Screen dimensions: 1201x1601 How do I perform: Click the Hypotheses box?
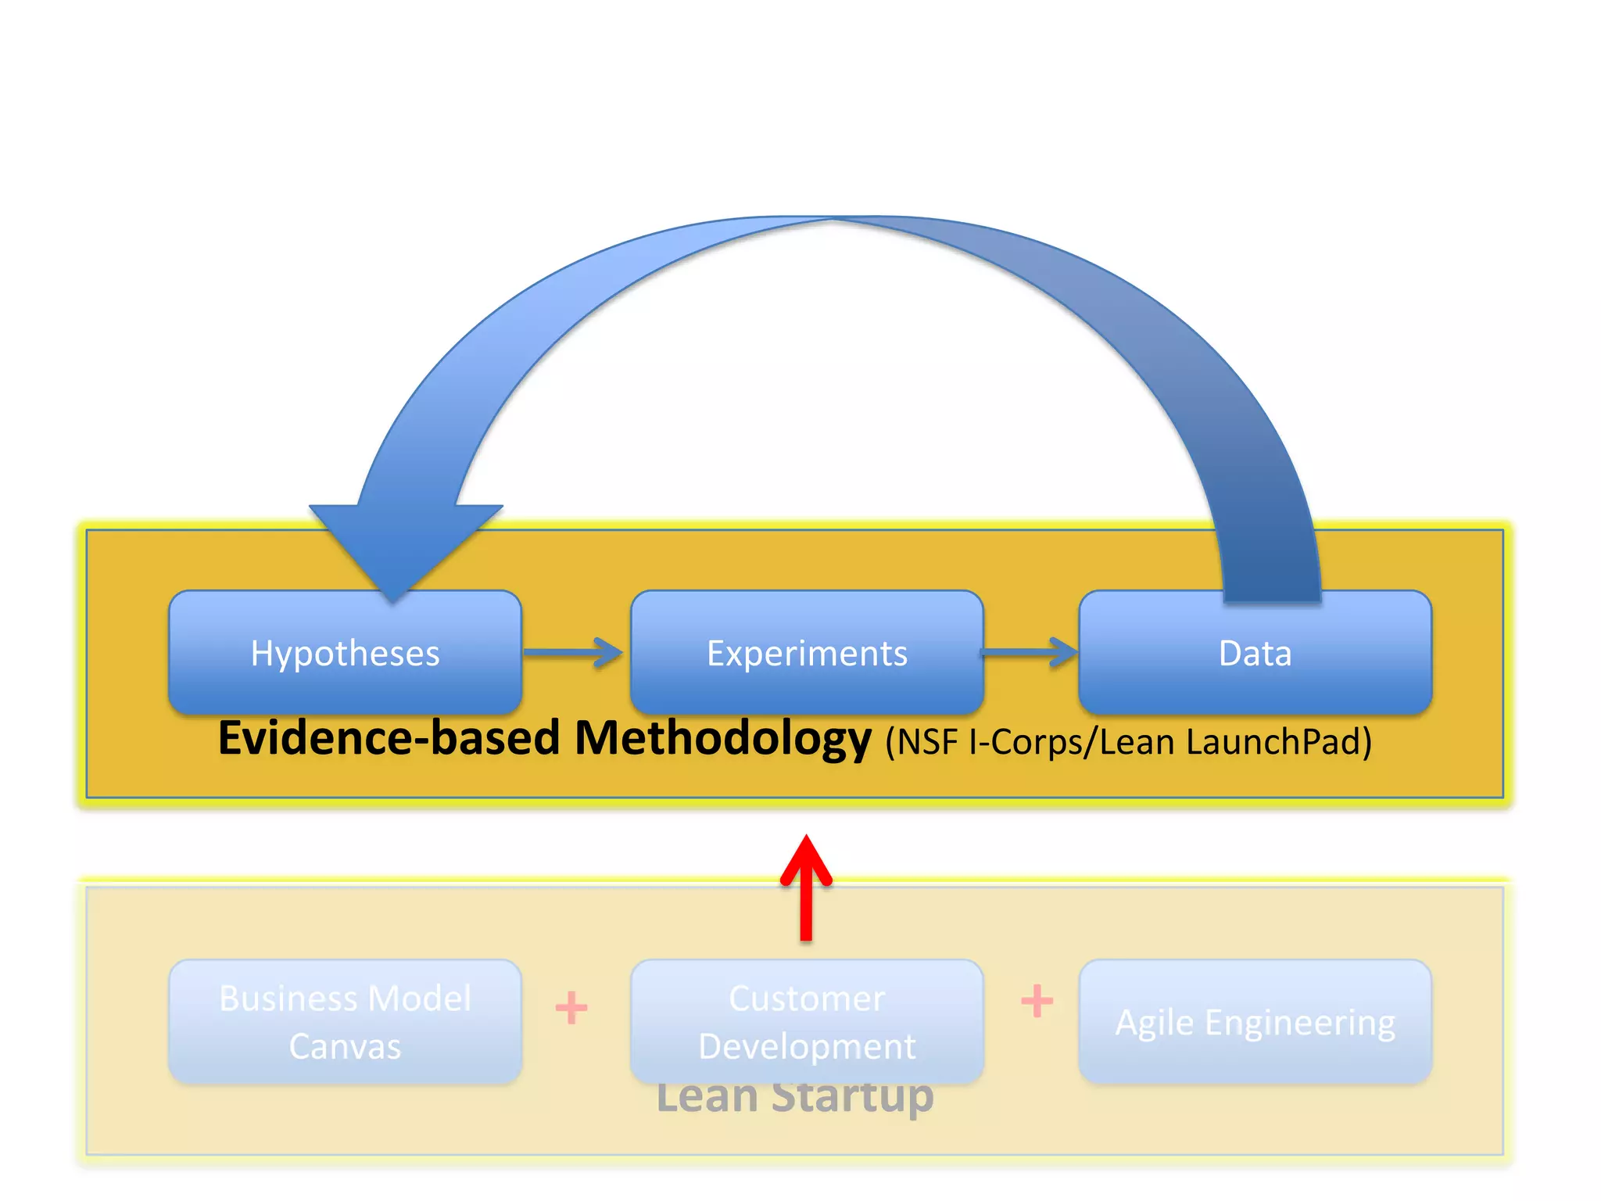coord(345,653)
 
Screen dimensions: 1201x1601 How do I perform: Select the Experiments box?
coord(807,653)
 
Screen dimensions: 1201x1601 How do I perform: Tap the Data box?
coord(1255,653)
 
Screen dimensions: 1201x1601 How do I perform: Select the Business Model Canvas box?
coord(345,1021)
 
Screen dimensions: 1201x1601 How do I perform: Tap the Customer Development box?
coord(807,1021)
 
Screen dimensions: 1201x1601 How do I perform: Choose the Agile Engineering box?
coord(1255,1021)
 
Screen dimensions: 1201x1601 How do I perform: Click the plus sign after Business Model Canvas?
coord(571,1007)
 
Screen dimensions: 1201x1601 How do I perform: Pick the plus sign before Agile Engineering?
coord(1037,1001)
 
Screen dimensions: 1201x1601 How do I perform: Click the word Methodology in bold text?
coord(722,739)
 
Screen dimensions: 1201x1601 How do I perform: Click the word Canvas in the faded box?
coord(345,1046)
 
